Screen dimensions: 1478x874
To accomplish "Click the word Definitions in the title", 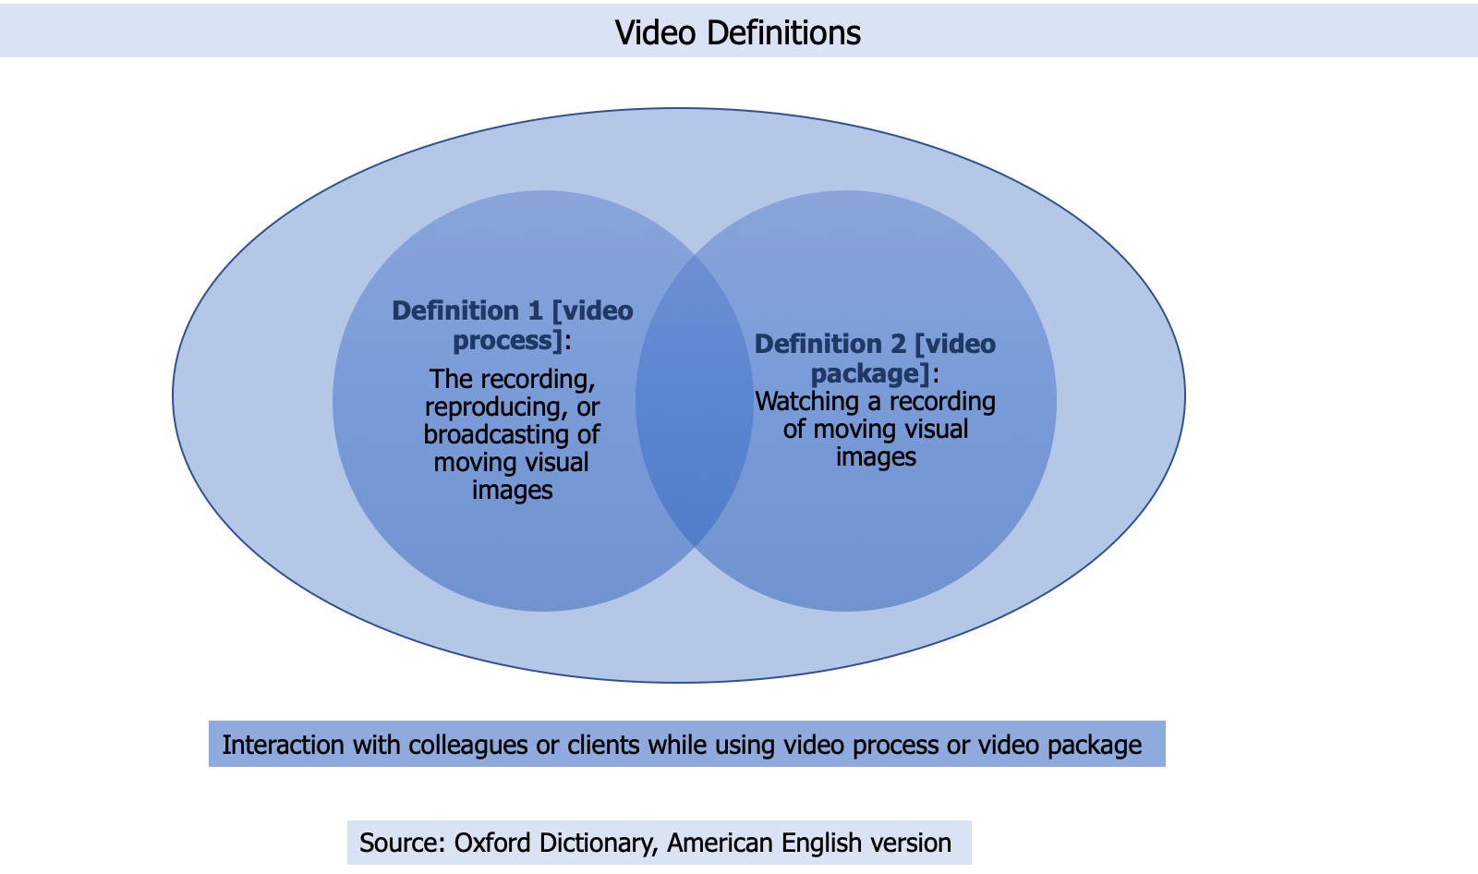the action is [x=783, y=32].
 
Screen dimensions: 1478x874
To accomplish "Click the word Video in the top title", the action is [x=655, y=32].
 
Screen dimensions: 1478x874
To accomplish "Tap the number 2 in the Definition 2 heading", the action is [x=898, y=344].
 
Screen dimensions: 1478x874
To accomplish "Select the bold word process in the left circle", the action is [x=507, y=341].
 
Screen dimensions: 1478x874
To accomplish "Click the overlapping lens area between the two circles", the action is [x=694, y=401].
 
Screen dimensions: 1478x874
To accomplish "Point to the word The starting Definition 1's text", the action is [x=450, y=379].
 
